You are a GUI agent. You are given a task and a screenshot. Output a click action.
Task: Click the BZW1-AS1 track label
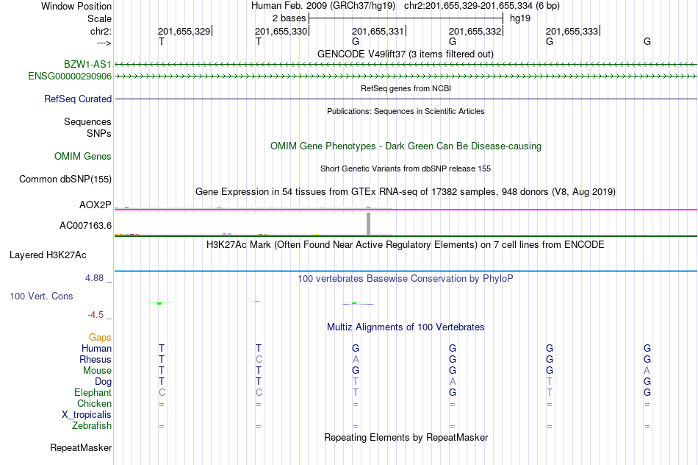[87, 65]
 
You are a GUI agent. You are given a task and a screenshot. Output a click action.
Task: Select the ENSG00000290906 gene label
[70, 77]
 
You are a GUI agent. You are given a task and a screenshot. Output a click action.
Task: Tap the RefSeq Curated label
[78, 99]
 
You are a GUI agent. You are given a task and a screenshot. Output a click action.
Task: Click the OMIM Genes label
[83, 157]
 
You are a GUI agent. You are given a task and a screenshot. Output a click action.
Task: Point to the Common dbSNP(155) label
[65, 180]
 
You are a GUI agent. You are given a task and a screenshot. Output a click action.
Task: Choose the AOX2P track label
[96, 205]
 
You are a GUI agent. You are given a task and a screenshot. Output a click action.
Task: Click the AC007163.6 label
[85, 226]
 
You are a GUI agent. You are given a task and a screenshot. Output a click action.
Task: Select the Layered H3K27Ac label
[48, 255]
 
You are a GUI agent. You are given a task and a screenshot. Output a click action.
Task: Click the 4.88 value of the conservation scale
[94, 278]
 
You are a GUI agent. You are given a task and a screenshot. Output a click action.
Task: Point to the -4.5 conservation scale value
[96, 315]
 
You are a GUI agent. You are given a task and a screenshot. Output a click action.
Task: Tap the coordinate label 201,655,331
[378, 31]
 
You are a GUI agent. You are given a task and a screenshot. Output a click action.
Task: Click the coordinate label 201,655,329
[184, 31]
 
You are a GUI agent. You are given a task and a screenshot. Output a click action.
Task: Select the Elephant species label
[93, 392]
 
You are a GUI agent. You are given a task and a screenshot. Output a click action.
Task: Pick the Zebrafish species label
[92, 425]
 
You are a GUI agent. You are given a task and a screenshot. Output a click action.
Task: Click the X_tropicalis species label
[87, 415]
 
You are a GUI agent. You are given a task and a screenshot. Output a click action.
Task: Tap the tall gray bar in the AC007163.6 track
[368, 224]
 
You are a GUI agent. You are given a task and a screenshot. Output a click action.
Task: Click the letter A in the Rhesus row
[355, 359]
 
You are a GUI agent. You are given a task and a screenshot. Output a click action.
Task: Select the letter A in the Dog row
[453, 381]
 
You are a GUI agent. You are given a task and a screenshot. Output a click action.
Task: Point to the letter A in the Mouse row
[647, 371]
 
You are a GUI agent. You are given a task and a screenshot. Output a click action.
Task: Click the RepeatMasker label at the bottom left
[81, 447]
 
